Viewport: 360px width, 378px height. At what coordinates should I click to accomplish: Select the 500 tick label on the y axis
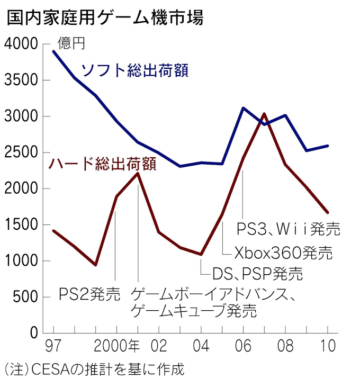(28, 298)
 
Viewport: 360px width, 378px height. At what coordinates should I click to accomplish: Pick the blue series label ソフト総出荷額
(134, 70)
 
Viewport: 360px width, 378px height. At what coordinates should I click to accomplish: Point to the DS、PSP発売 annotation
(257, 274)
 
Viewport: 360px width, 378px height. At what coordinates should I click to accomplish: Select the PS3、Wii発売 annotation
(288, 229)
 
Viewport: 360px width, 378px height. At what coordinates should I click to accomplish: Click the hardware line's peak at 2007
(264, 114)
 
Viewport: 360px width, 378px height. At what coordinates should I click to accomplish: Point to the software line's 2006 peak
(242, 108)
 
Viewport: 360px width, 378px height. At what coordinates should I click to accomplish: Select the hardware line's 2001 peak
(138, 173)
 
